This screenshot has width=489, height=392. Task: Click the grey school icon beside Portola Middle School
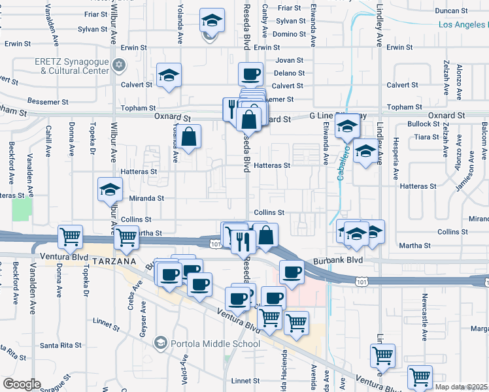click(160, 343)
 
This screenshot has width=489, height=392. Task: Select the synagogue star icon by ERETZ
click(119, 65)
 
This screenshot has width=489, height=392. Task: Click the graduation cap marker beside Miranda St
click(110, 190)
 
